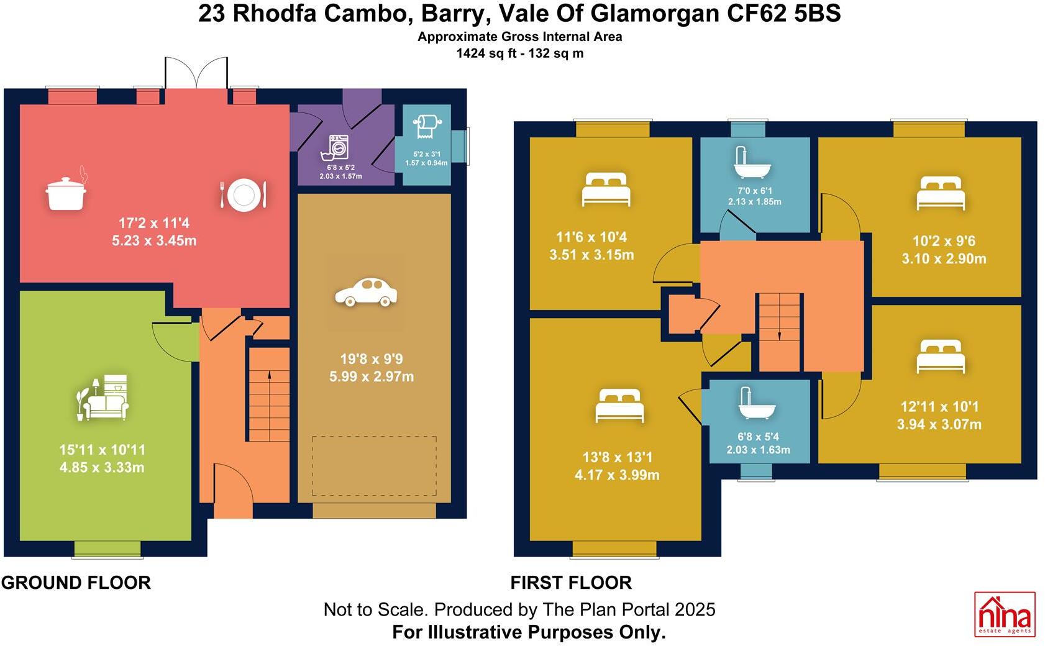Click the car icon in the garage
365,292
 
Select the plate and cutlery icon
243,194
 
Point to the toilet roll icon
426,127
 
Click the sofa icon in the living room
103,398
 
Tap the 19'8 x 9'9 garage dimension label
372,368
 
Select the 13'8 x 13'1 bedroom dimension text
617,466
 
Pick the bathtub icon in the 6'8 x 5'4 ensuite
756,404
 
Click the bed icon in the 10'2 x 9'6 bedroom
941,193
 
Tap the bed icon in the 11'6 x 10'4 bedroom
606,190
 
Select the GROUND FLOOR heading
76,583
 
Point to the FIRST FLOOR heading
571,583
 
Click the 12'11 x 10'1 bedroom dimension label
939,416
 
